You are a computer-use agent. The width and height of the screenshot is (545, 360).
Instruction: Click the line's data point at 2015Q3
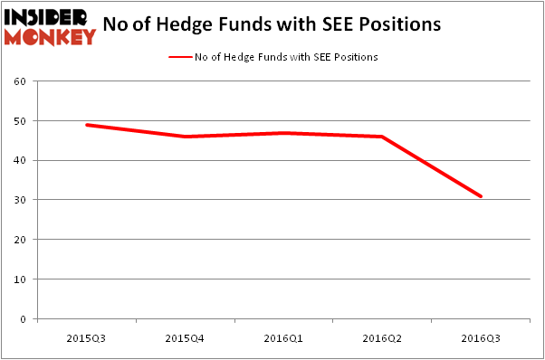point(86,125)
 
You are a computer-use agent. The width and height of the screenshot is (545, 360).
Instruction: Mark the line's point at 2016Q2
point(382,137)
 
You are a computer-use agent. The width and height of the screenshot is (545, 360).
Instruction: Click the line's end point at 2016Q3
point(481,196)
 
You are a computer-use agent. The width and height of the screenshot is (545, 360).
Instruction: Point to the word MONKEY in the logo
point(50,37)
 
